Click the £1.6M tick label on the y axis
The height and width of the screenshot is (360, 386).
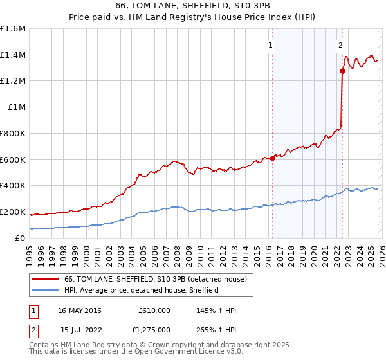(x=13, y=29)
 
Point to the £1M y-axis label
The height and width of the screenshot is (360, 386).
(x=16, y=107)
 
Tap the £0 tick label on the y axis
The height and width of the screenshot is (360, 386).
(x=21, y=238)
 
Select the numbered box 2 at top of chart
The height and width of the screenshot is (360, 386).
(x=340, y=46)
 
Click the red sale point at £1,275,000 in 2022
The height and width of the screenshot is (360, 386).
(x=342, y=71)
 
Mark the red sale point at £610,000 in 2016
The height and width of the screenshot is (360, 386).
(x=272, y=158)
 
